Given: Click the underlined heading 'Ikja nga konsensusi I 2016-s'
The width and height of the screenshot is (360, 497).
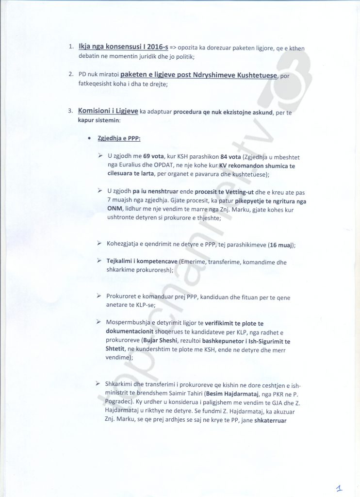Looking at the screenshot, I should point(123,47).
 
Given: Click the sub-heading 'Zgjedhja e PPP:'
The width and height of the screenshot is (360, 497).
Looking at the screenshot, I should point(119,138).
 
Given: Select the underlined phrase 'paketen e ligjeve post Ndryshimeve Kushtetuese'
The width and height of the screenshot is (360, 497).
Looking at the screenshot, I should point(198,75).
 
